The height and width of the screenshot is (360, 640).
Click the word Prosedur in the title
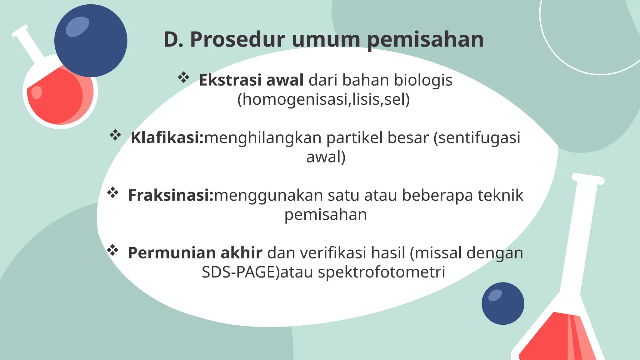pyautogui.click(x=237, y=40)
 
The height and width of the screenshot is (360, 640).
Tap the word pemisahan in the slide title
pyautogui.click(x=425, y=40)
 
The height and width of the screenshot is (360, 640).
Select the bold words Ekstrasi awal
pyautogui.click(x=251, y=80)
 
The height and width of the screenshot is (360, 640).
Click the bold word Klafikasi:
pyautogui.click(x=167, y=137)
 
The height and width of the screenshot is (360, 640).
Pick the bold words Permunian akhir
pyautogui.click(x=195, y=253)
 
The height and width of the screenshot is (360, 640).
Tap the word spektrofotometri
pyautogui.click(x=382, y=272)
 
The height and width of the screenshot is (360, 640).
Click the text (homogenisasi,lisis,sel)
pyautogui.click(x=323, y=99)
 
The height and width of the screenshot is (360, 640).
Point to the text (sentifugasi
pyautogui.click(x=477, y=137)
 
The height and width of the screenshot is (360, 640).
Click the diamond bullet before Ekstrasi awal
pyautogui.click(x=184, y=77)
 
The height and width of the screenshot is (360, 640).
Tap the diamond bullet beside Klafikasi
pyautogui.click(x=115, y=135)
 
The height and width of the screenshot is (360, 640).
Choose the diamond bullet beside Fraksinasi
pyautogui.click(x=113, y=193)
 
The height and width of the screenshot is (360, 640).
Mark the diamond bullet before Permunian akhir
pyautogui.click(x=112, y=250)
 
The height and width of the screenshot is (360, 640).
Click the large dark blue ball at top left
pyautogui.click(x=91, y=41)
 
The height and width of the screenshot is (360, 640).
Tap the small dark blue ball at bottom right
pyautogui.click(x=503, y=303)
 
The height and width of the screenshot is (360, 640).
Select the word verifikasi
pyautogui.click(x=333, y=253)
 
